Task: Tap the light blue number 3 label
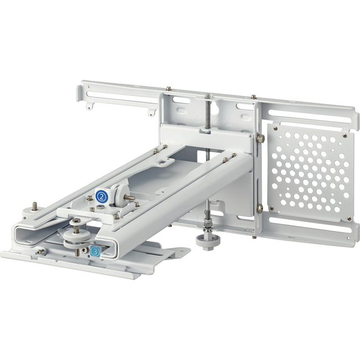tap(95, 251)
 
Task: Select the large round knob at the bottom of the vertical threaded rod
tap(208, 240)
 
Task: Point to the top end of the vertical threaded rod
tap(208, 95)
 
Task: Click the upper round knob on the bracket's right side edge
tap(260, 138)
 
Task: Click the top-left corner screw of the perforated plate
tap(275, 128)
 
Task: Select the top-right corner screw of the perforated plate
tap(345, 136)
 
